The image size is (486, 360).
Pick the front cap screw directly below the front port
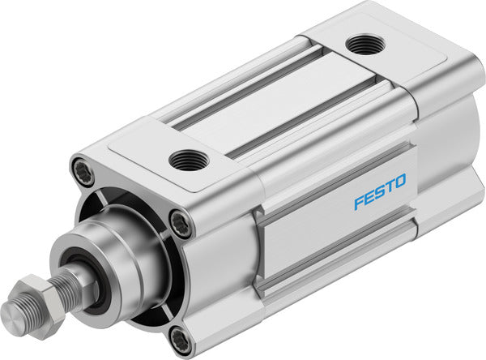coord(181,224)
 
